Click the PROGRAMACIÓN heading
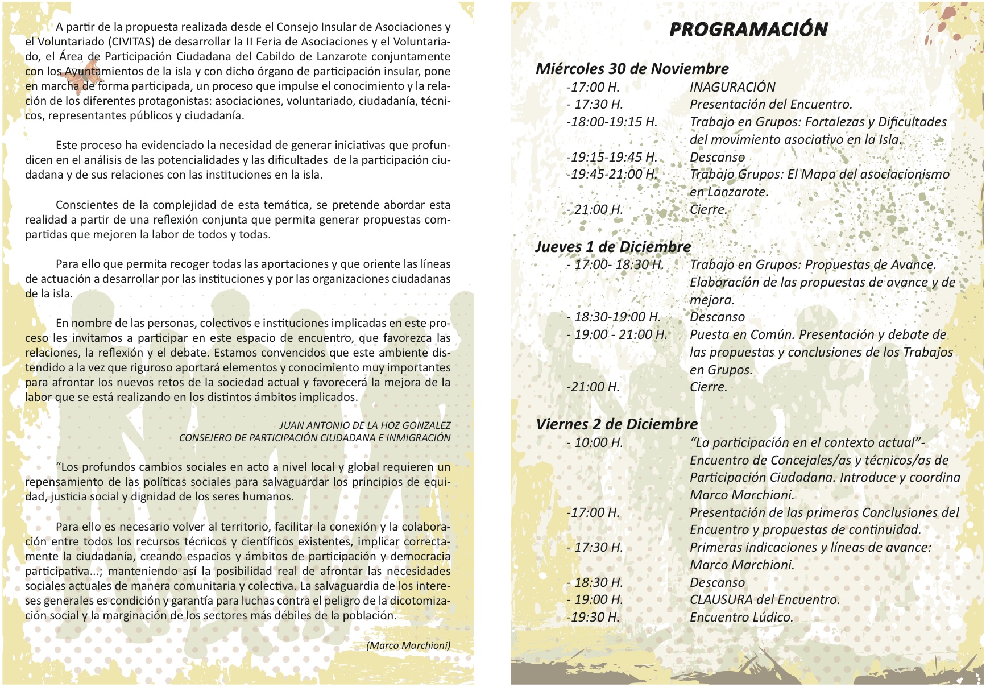(x=748, y=30)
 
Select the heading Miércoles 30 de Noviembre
(x=632, y=69)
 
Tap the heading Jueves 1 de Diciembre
(x=613, y=247)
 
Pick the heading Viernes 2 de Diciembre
(x=616, y=424)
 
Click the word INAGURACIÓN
(x=732, y=87)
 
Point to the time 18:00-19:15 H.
(x=612, y=122)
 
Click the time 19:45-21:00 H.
(x=612, y=175)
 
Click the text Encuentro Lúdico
(x=741, y=617)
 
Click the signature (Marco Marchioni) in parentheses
(x=408, y=645)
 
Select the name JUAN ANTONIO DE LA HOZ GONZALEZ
(x=364, y=425)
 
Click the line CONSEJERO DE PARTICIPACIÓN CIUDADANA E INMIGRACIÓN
(x=314, y=438)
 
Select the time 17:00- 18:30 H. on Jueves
(x=615, y=264)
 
